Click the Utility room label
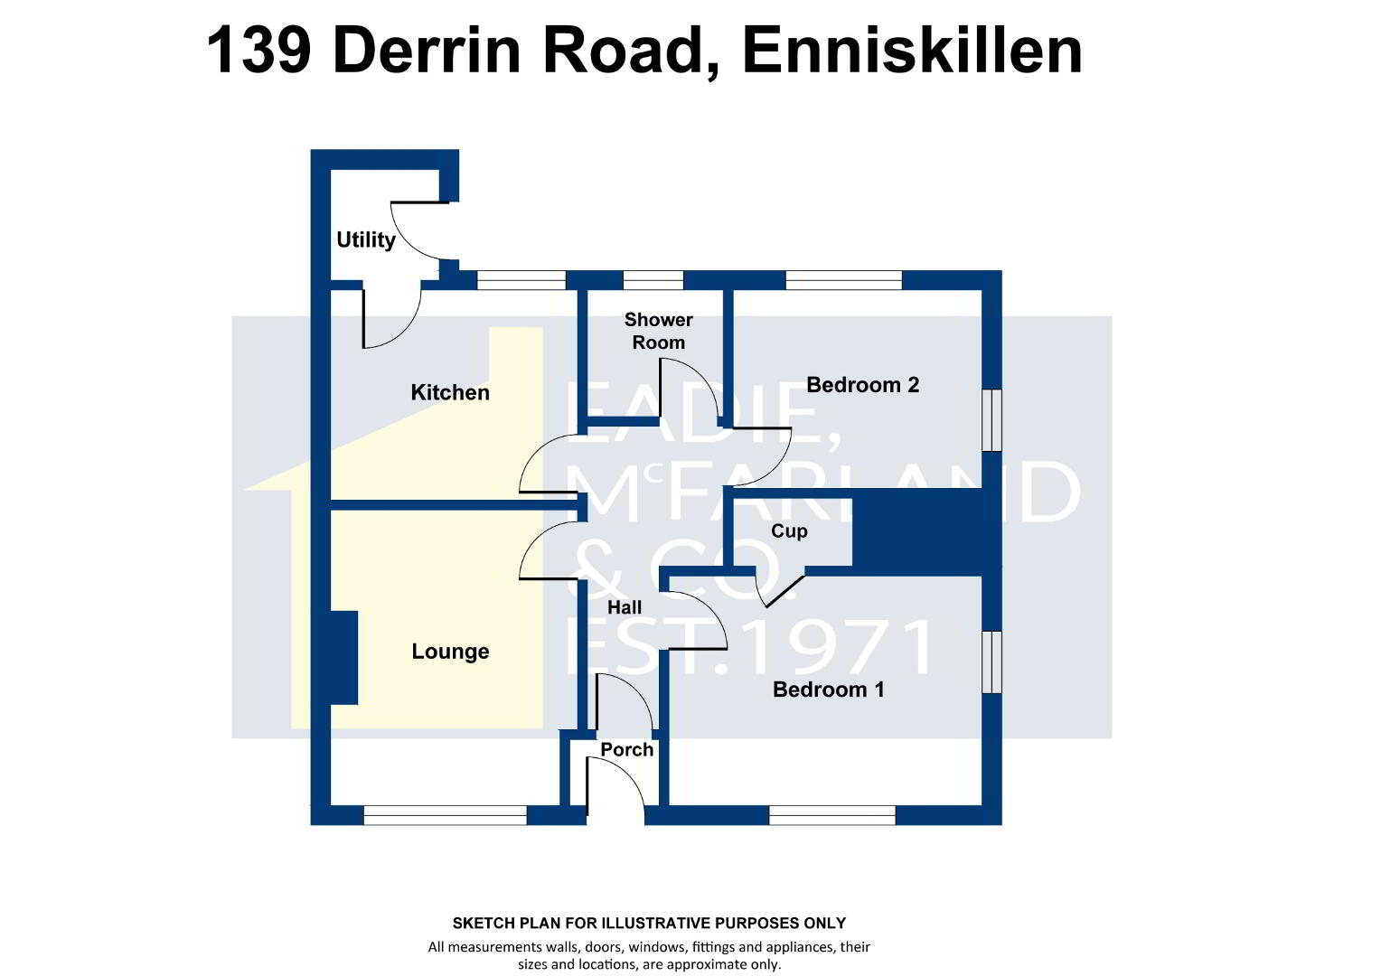point(366,239)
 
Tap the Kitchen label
point(450,393)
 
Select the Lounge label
point(450,652)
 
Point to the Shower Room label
point(659,331)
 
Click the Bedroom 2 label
point(862,385)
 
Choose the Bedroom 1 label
point(828,690)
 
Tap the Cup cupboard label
point(789,531)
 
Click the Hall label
point(625,608)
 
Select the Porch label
point(626,750)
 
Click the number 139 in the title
point(258,51)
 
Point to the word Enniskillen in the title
point(913,51)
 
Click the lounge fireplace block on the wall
point(344,658)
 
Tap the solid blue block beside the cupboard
point(917,532)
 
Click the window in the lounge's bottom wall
point(446,815)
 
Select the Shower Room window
point(653,280)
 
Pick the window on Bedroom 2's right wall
point(992,420)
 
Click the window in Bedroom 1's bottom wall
point(832,815)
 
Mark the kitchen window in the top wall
point(521,280)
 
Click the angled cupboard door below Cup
point(784,592)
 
